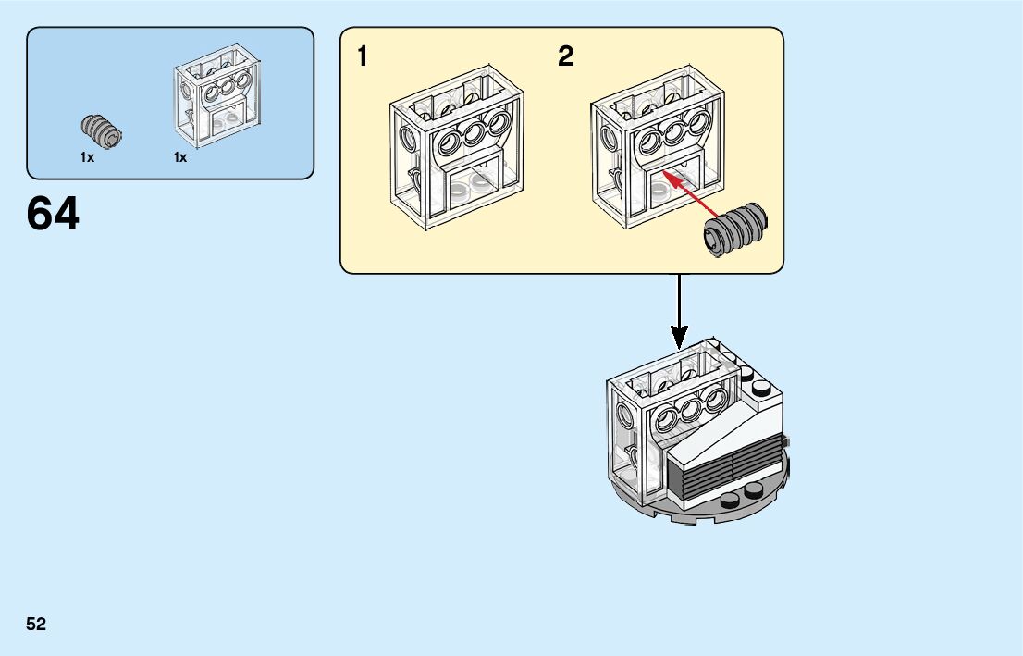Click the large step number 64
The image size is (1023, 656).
click(53, 214)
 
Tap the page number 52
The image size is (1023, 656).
click(36, 624)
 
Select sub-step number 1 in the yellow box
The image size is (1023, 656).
click(362, 56)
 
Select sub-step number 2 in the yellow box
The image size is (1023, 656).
click(566, 56)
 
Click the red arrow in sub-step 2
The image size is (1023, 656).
click(690, 193)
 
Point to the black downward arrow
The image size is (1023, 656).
click(679, 312)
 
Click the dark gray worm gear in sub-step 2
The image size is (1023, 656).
click(735, 229)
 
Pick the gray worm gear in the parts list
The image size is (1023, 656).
click(101, 131)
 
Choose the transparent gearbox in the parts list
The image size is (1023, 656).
click(217, 96)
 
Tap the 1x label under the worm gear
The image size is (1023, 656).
click(88, 157)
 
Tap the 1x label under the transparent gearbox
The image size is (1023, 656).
click(180, 157)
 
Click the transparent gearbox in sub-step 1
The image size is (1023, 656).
click(457, 147)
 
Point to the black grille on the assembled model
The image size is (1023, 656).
click(724, 470)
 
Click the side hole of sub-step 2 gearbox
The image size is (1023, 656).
click(608, 139)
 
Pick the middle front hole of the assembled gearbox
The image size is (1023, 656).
click(690, 409)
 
